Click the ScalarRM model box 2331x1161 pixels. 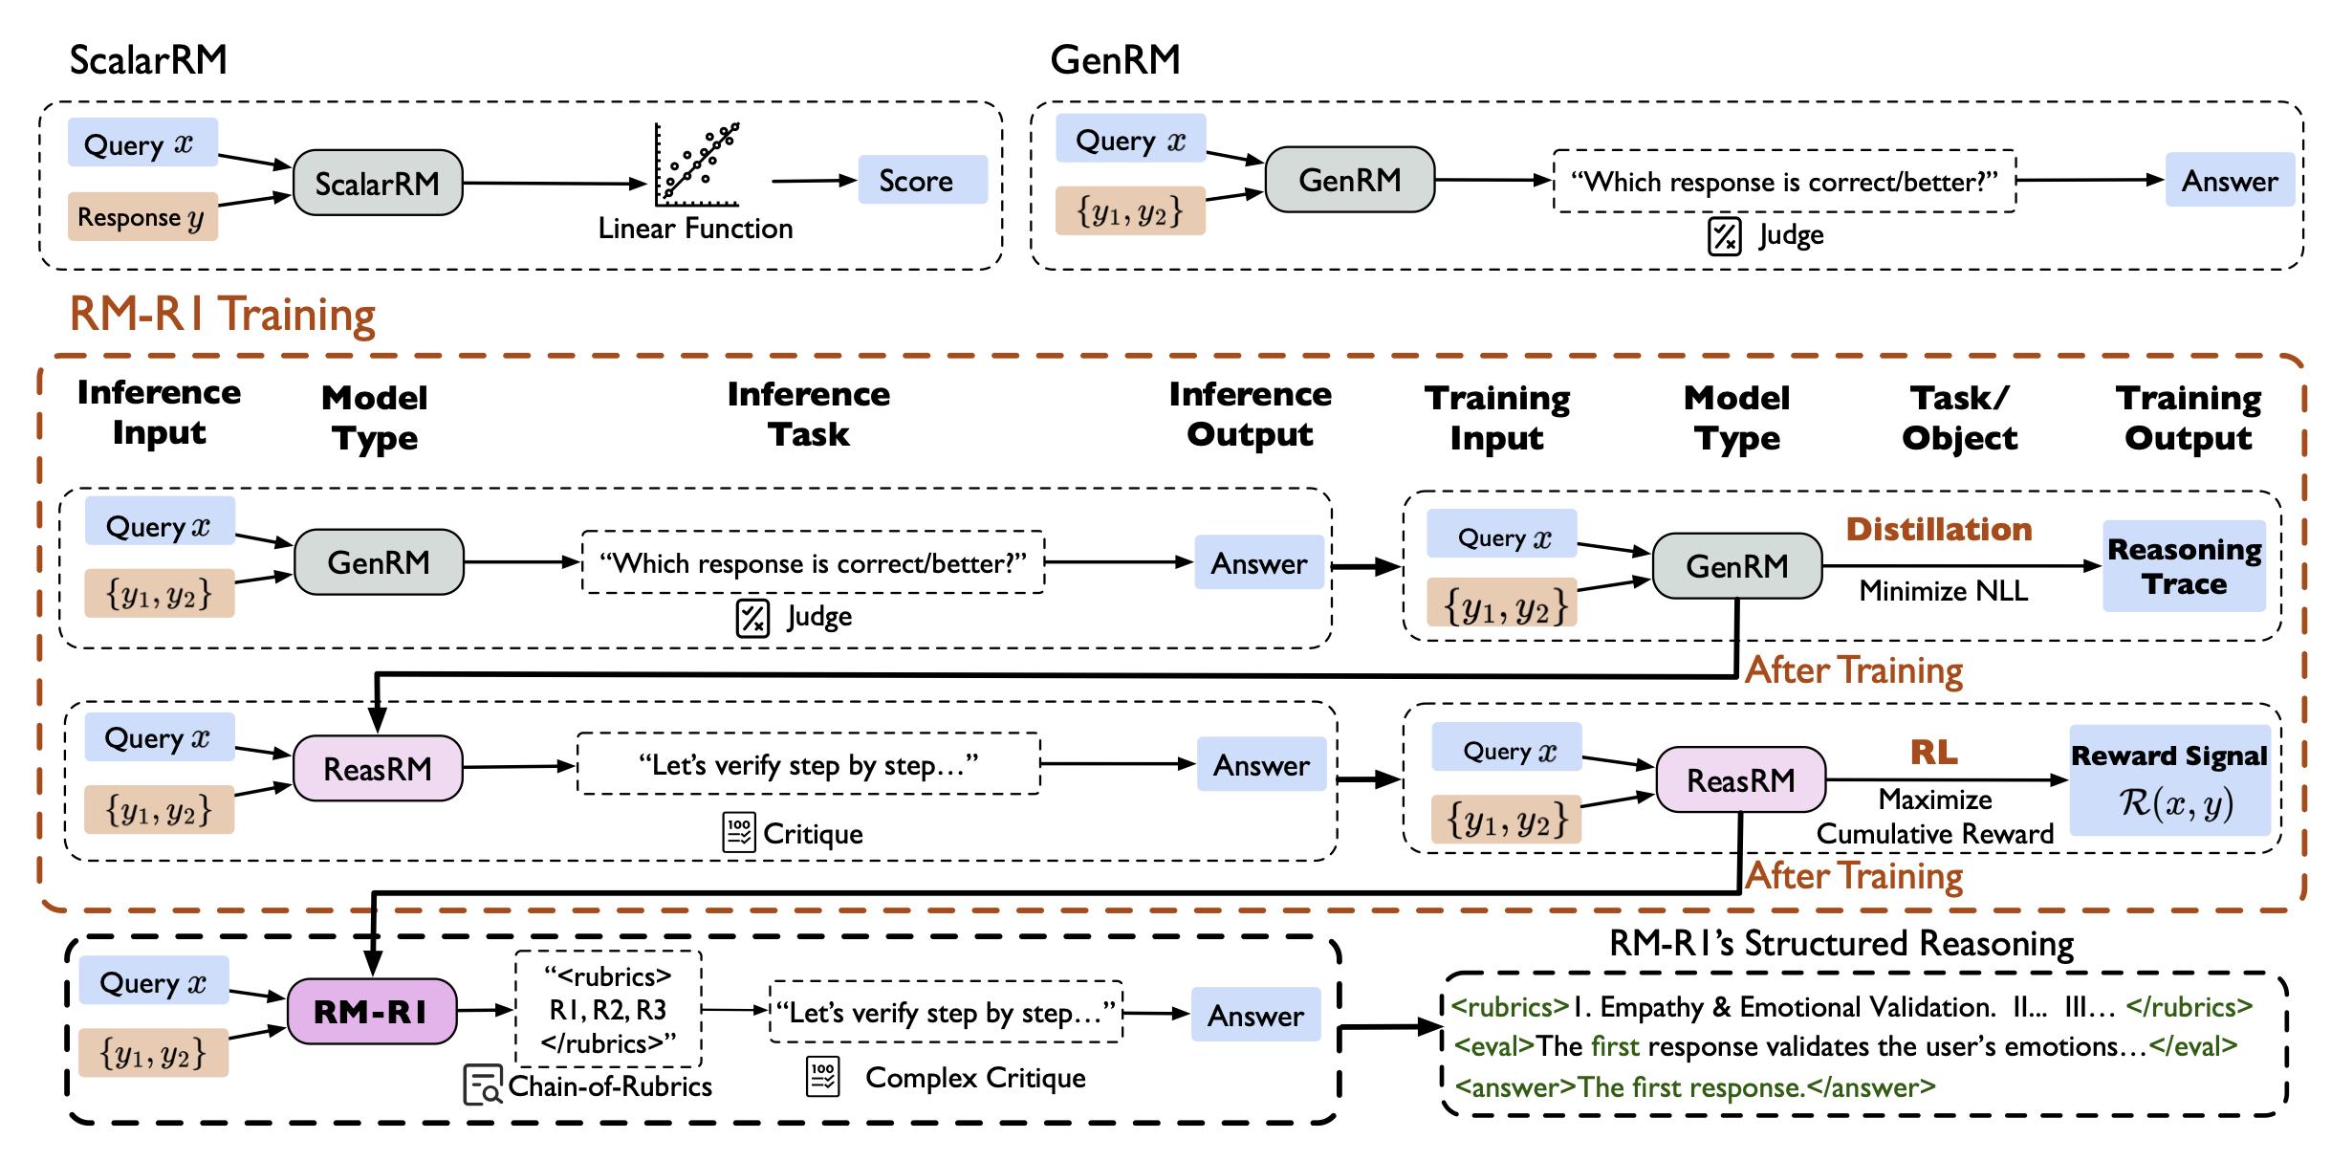pyautogui.click(x=378, y=183)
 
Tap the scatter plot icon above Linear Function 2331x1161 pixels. pyautogui.click(x=697, y=164)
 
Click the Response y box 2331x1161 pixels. pyautogui.click(x=142, y=217)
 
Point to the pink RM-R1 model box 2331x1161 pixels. pyautogui.click(x=371, y=1011)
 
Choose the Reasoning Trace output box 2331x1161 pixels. pyautogui.click(x=2184, y=566)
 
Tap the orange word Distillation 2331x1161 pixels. pyautogui.click(x=1938, y=529)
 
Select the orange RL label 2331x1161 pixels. pyautogui.click(x=1933, y=753)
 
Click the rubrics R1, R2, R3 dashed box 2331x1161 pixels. pyautogui.click(x=608, y=1010)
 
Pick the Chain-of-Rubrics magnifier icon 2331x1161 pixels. pyautogui.click(x=482, y=1085)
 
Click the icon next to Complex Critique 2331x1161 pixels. pyautogui.click(x=822, y=1077)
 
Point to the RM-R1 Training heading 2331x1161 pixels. pyautogui.click(x=223, y=315)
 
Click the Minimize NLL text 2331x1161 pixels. pyautogui.click(x=1943, y=591)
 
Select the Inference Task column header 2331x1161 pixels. pyautogui.click(x=808, y=414)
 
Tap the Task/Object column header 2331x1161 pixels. pyautogui.click(x=1959, y=418)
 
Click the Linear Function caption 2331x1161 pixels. pyautogui.click(x=695, y=229)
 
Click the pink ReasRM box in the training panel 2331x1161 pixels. pyautogui.click(x=1740, y=780)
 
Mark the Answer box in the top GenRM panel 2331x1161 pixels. pyautogui.click(x=2229, y=180)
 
